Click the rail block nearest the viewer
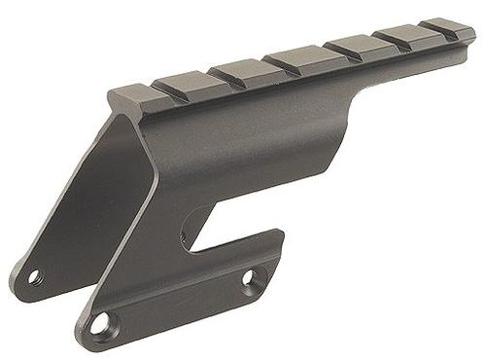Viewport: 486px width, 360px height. (128, 89)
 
